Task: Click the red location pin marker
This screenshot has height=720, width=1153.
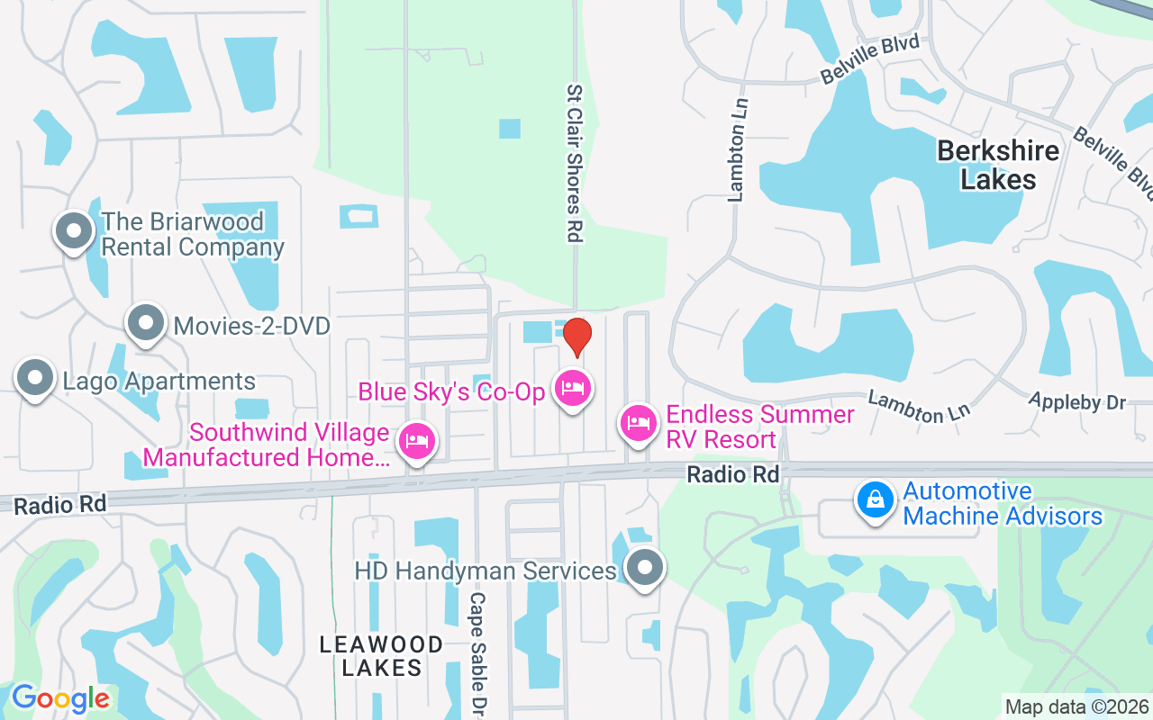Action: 576,337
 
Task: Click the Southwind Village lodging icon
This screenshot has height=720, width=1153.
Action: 416,442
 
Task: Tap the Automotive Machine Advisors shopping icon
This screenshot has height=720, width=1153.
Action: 875,499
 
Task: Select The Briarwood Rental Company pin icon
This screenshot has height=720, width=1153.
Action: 75,231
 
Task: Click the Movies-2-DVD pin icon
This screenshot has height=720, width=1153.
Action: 145,322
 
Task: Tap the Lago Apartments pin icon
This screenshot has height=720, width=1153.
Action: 35,378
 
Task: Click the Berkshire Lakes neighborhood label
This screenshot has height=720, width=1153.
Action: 998,165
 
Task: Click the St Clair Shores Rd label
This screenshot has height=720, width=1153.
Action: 575,163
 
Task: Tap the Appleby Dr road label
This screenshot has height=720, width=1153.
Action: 1076,401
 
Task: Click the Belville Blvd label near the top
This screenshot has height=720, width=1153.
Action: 869,59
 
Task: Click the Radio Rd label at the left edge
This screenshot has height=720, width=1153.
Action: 59,505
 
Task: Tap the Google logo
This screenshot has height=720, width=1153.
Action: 60,698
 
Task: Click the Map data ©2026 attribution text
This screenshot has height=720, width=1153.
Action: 1076,707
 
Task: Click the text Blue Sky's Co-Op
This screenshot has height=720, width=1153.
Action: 451,391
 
